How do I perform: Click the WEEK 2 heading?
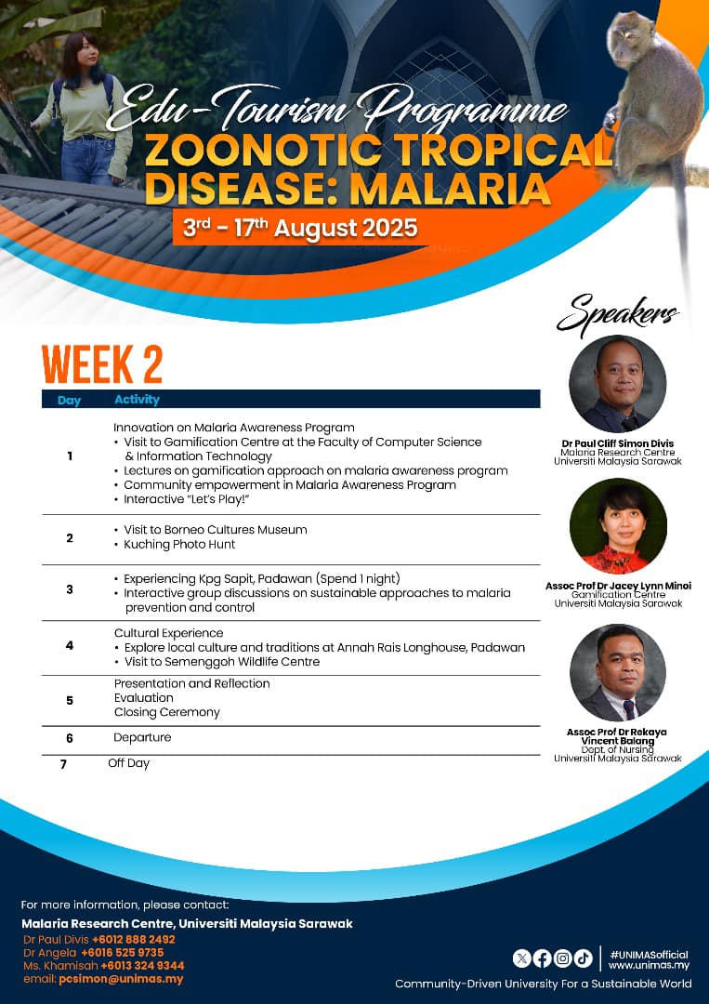[x=102, y=364]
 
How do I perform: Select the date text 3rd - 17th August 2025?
[x=300, y=228]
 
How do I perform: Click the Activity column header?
[x=137, y=400]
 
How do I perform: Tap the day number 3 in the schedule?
[x=70, y=589]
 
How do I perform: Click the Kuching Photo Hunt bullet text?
[x=179, y=544]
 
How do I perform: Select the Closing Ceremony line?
[x=167, y=712]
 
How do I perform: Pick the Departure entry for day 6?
[x=142, y=737]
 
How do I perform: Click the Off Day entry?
[x=128, y=763]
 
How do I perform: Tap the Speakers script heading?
[x=617, y=314]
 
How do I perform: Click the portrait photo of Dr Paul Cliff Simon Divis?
[x=618, y=384]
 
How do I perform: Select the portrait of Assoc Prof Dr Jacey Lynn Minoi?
[x=618, y=526]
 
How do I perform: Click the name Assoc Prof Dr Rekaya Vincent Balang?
[x=618, y=736]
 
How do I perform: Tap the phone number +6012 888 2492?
[x=133, y=939]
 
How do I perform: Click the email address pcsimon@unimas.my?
[x=121, y=979]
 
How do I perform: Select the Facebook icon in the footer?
[x=543, y=958]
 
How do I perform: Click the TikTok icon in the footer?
[x=583, y=958]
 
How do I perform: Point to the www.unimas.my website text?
[x=640, y=965]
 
